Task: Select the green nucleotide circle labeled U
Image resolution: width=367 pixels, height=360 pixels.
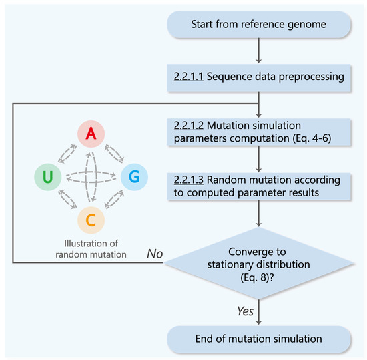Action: click(49, 177)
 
